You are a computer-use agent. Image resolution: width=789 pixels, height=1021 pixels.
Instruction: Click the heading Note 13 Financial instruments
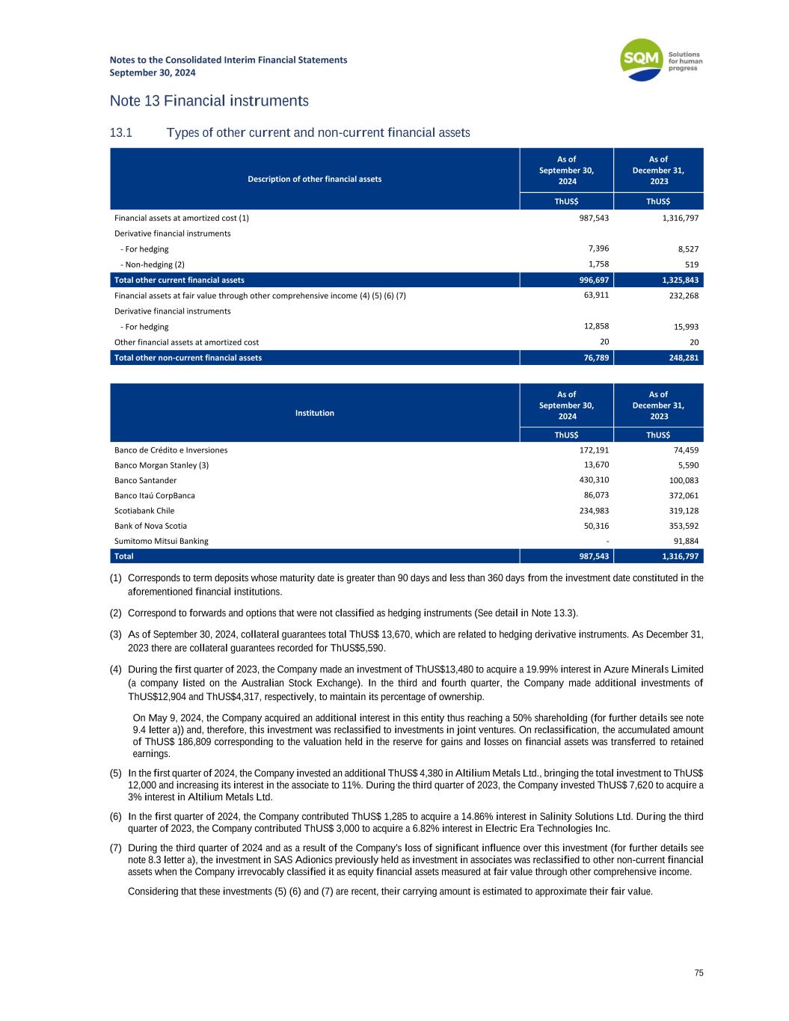(209, 100)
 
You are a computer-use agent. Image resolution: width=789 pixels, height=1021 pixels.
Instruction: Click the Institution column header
(314, 413)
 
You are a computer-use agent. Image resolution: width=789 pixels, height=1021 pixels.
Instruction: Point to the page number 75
(699, 973)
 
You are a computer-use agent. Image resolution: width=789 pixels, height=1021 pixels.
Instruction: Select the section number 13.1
(120, 133)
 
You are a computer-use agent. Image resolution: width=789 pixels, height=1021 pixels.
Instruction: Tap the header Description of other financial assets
(314, 179)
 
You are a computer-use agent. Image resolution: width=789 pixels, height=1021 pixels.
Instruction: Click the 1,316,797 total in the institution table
(679, 557)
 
